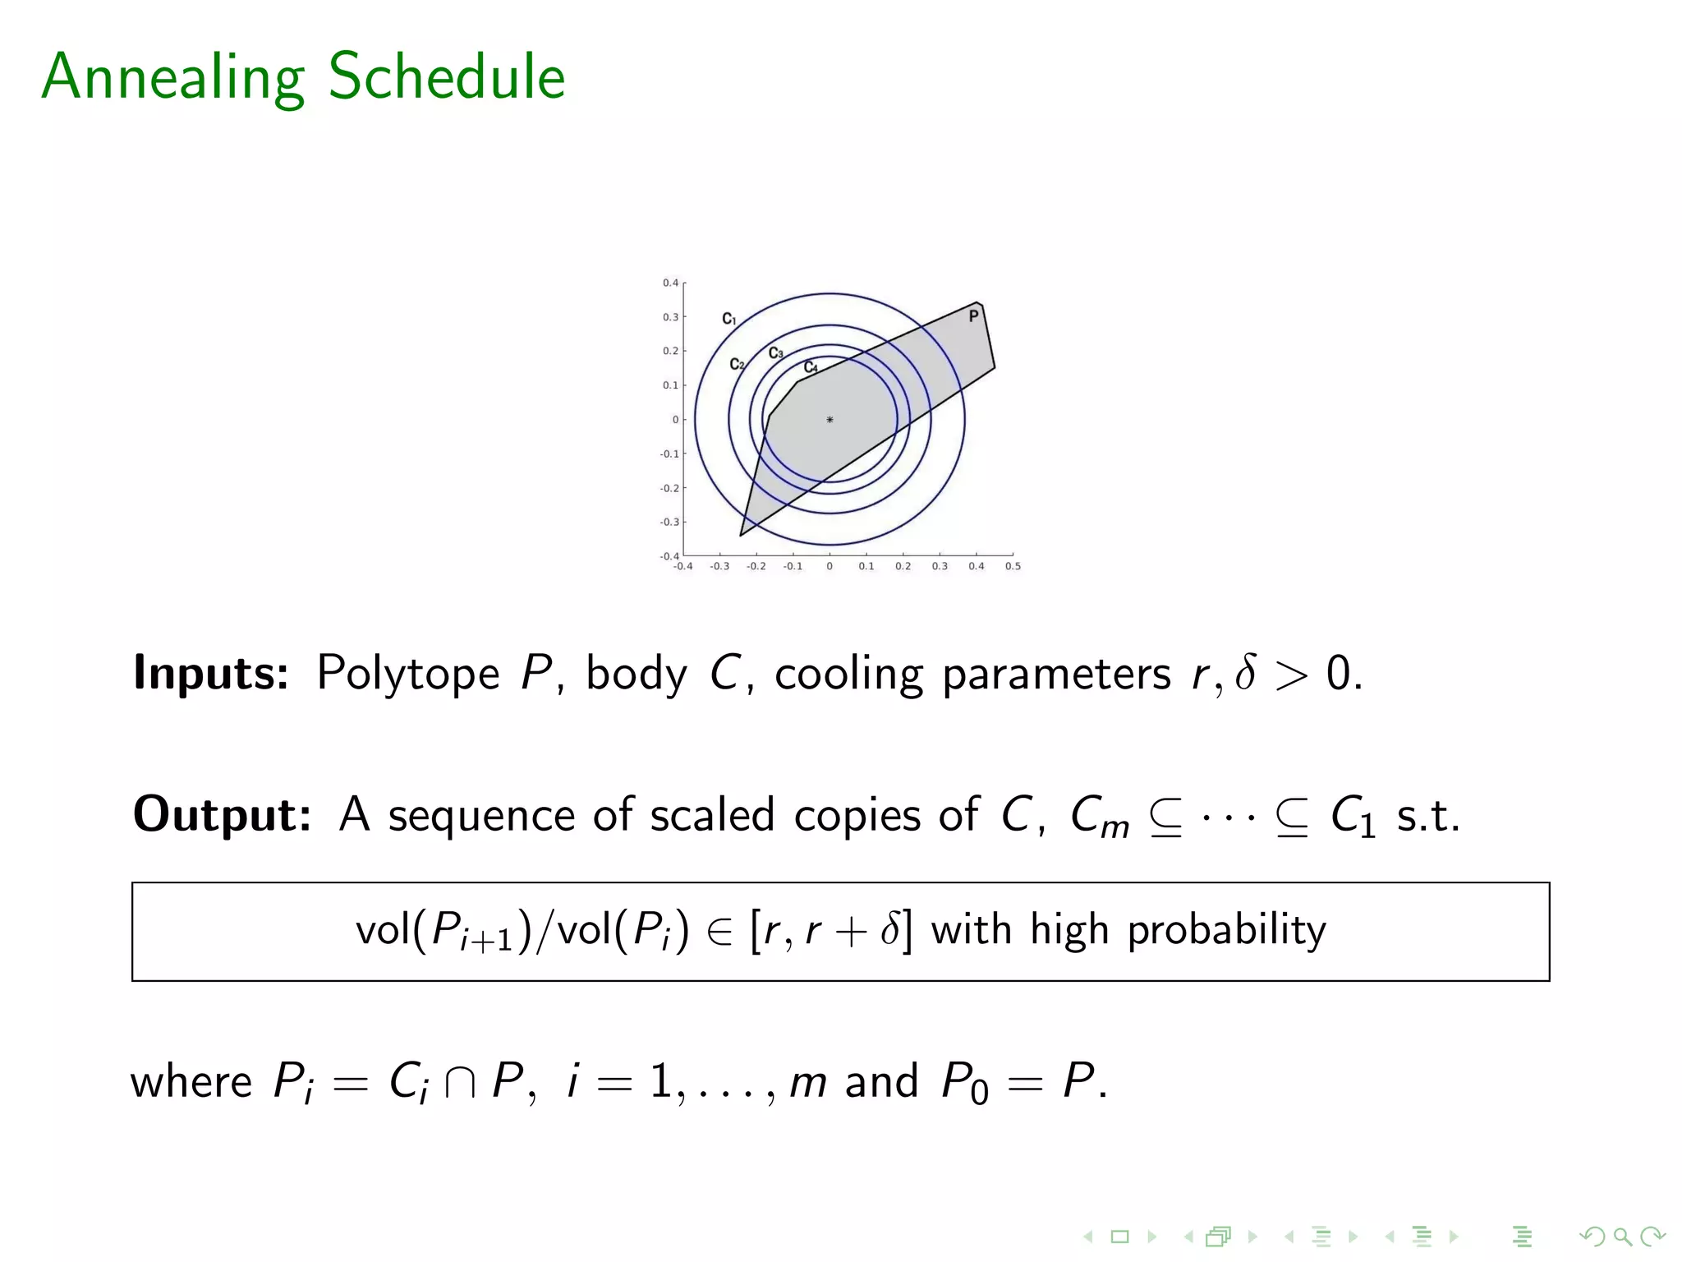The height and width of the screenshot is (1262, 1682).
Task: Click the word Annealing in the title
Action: (x=173, y=77)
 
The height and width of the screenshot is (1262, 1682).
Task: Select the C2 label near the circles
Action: (x=737, y=364)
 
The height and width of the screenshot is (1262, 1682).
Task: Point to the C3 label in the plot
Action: (x=775, y=353)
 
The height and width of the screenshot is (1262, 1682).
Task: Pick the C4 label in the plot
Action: (x=811, y=367)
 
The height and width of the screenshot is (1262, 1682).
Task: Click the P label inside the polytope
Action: (x=973, y=316)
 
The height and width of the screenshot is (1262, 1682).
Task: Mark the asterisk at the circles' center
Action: (x=830, y=420)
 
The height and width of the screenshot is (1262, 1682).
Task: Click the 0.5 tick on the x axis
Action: (x=1013, y=566)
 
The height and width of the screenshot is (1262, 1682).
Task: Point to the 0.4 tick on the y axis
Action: (x=671, y=283)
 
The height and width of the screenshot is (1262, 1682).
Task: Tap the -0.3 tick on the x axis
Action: (x=719, y=566)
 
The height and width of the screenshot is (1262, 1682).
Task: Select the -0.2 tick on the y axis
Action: (x=670, y=488)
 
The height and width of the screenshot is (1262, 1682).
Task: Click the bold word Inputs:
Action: (x=211, y=674)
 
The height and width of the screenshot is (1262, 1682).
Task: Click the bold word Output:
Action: (x=222, y=815)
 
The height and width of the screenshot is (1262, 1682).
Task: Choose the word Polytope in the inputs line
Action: (x=408, y=674)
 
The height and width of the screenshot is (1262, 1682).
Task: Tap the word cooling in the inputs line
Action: (x=849, y=674)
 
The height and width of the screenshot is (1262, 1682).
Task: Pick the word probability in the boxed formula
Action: (x=1226, y=931)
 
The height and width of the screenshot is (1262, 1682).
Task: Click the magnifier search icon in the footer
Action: (x=1621, y=1237)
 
